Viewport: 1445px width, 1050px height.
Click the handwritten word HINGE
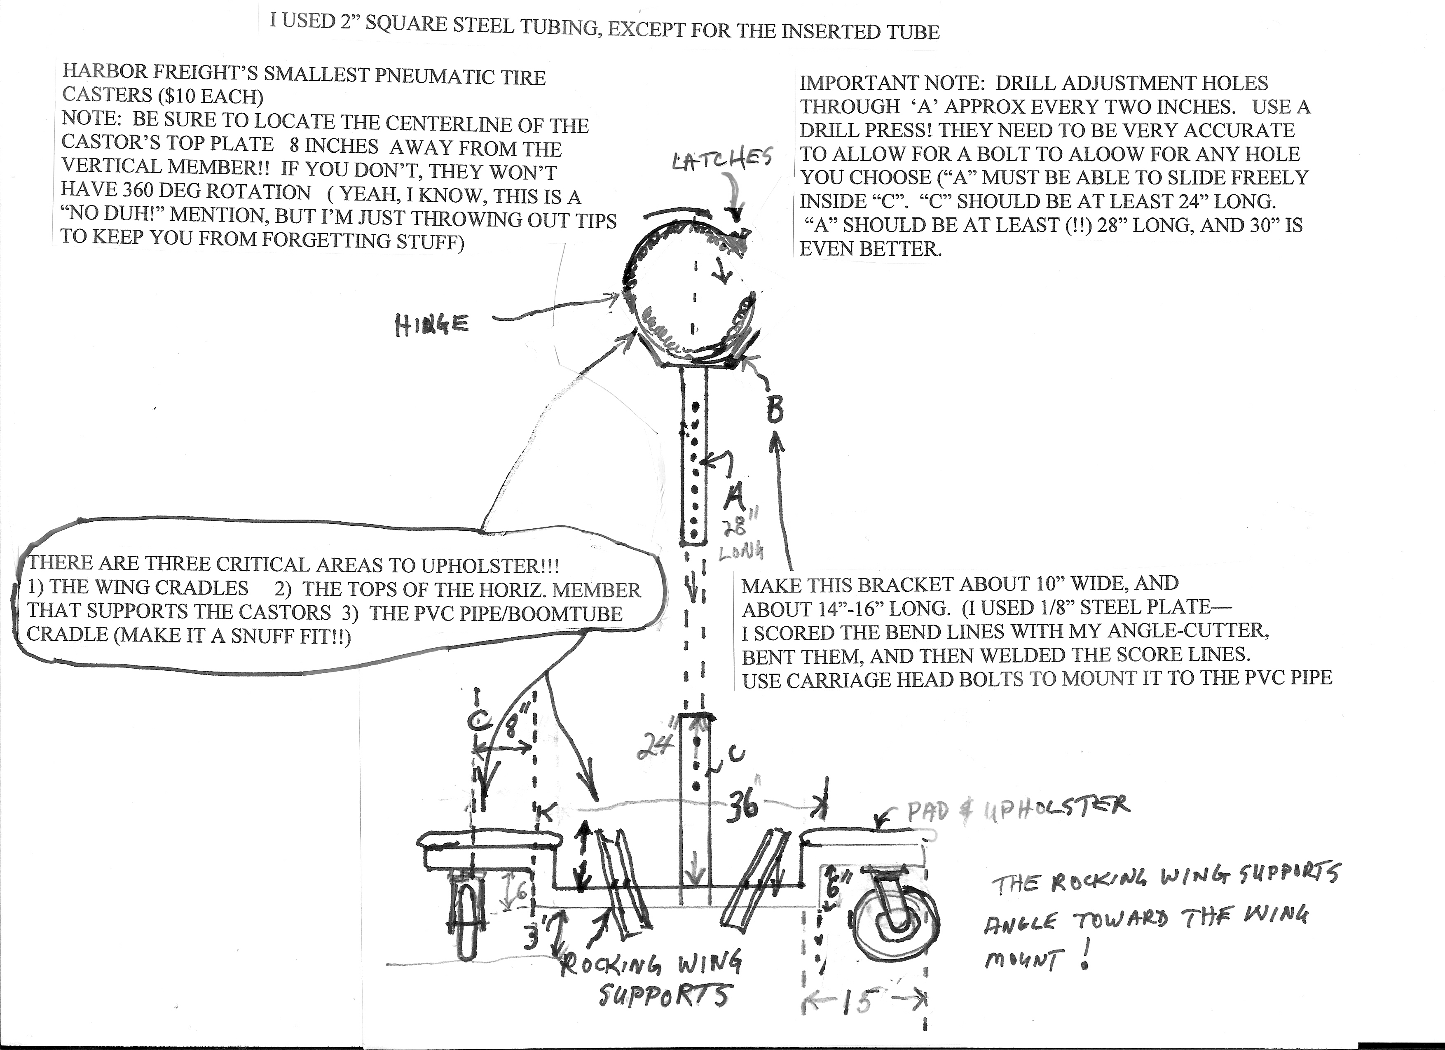click(x=432, y=326)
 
